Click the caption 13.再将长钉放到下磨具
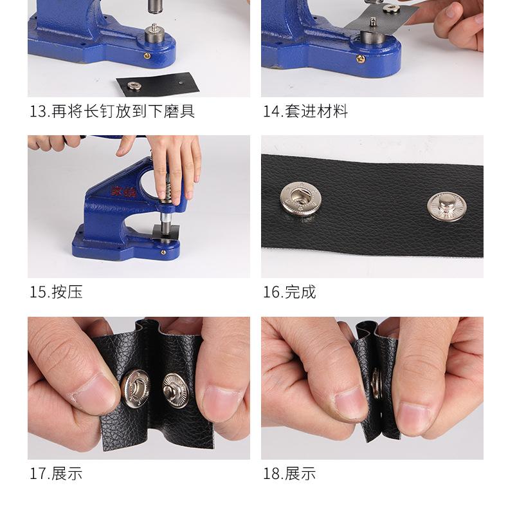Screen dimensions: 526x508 112,111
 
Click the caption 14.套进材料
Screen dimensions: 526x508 305,111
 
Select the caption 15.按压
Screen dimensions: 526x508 56,292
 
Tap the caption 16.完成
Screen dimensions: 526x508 289,292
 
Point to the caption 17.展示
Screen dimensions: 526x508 56,474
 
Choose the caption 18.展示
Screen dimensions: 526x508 289,474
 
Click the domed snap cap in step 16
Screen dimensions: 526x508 446,207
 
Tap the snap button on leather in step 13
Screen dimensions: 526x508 134,85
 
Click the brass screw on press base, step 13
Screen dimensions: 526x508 147,57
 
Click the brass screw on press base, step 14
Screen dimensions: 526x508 360,59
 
